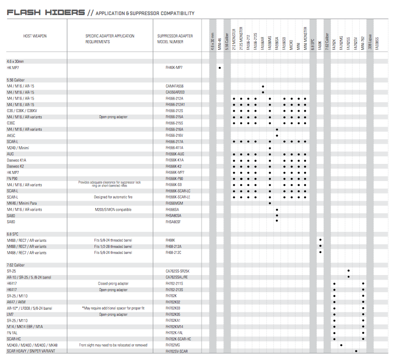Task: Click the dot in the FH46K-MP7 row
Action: coord(220,67)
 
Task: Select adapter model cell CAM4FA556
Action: coord(174,86)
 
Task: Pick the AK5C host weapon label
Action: coord(11,135)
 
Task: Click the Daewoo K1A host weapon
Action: coord(16,160)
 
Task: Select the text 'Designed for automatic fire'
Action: coord(114,197)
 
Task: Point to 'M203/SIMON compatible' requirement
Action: coord(114,209)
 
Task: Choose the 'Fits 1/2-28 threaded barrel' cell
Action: coord(114,246)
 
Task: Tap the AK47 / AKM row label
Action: coord(16,302)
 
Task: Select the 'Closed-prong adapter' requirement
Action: coord(114,284)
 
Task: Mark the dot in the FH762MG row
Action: coord(341,345)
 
